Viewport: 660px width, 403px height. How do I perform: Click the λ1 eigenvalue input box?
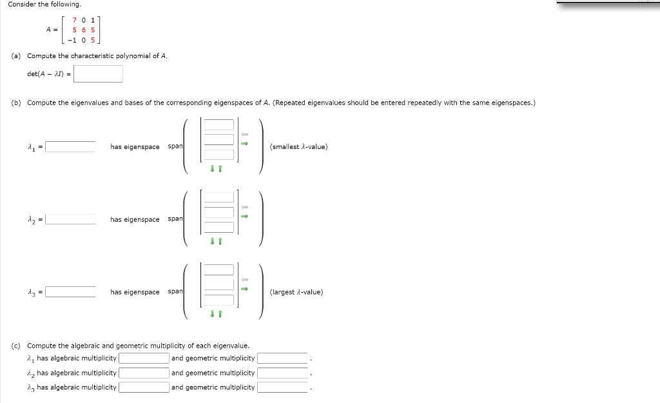[71, 146]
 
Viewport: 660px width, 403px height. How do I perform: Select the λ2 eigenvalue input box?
[71, 219]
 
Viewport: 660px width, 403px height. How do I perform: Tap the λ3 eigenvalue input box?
[71, 291]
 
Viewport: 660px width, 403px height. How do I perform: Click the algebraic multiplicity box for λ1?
[143, 359]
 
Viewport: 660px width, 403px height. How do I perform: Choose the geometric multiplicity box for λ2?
[282, 373]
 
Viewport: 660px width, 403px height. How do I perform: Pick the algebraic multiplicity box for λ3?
[143, 388]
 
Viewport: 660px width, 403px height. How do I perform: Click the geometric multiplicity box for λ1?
[282, 359]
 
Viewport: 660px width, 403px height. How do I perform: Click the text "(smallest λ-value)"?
[299, 147]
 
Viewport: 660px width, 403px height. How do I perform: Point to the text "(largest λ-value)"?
[296, 292]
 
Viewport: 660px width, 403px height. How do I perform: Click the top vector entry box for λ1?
[220, 124]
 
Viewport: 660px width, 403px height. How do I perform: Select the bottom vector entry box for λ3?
[220, 300]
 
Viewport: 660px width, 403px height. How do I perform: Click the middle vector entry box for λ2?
[220, 212]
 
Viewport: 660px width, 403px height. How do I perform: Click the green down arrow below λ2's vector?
[212, 241]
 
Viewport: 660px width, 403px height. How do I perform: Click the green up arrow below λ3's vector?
[220, 314]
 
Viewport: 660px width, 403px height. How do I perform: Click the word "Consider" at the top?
[21, 5]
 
